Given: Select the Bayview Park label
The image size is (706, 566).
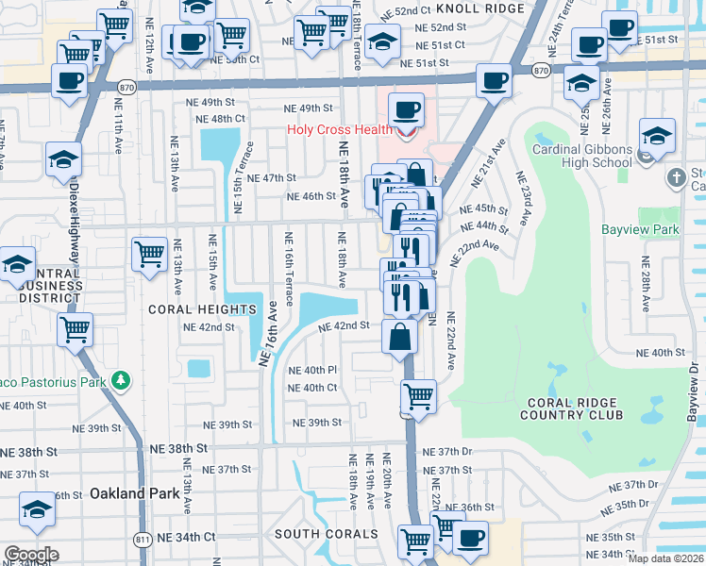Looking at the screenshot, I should tap(641, 229).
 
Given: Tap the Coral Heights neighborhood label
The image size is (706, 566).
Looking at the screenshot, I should tap(190, 308).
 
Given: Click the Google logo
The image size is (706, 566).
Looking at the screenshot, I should tap(30, 554).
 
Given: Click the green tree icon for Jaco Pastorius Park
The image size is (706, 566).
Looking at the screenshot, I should tap(121, 381).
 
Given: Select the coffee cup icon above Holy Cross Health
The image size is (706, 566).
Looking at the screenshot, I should tap(407, 109).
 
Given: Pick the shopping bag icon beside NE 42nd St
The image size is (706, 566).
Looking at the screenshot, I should tap(400, 337).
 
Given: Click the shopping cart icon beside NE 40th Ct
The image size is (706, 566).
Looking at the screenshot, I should tap(418, 395).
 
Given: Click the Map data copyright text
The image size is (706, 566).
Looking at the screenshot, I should tap(665, 558).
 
